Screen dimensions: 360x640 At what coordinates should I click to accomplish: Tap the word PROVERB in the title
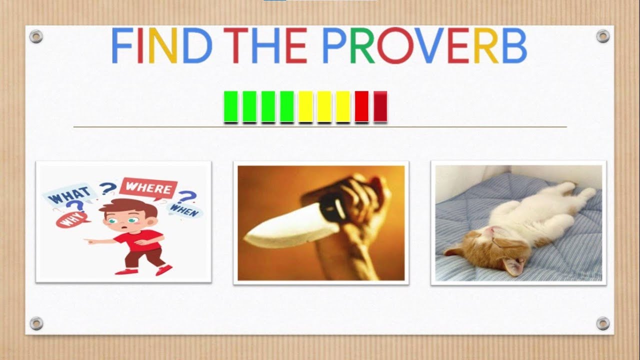coord(424,46)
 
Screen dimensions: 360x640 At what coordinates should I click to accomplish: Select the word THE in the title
coord(264,46)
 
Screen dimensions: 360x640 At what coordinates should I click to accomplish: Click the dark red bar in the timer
coord(380,106)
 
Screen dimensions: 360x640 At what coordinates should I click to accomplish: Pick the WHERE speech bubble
coord(148,189)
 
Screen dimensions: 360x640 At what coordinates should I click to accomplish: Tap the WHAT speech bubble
coord(69,194)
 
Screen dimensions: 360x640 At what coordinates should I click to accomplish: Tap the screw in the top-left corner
coord(36,36)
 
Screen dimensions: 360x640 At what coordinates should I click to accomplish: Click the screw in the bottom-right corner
coord(603,323)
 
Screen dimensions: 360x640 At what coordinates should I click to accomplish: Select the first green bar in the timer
coord(230,106)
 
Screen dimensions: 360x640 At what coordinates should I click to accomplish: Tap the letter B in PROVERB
coord(514,46)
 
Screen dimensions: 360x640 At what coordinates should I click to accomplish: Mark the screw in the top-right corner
coord(603,36)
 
